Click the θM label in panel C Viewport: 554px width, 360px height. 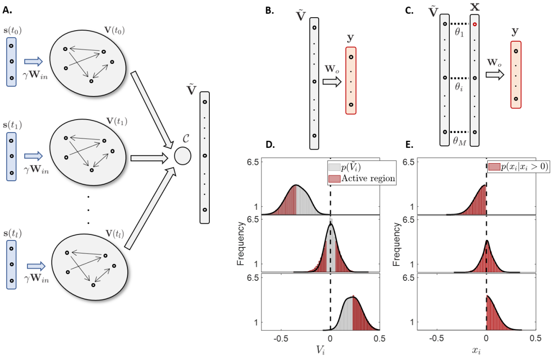click(x=459, y=141)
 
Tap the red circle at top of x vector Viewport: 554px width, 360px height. click(x=475, y=24)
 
